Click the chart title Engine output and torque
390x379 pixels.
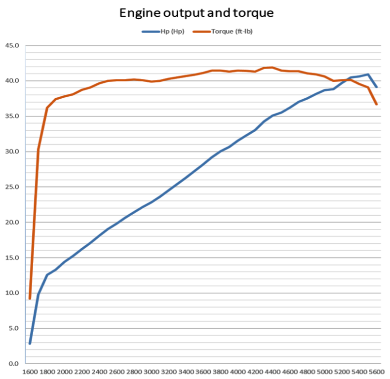196,13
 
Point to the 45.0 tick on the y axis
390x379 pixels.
12,45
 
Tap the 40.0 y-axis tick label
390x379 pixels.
12,81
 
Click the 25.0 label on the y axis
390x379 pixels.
12,187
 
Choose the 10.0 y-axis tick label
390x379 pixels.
12,293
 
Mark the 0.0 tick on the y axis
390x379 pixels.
13,364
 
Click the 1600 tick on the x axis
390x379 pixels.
30,371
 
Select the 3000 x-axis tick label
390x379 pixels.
152,371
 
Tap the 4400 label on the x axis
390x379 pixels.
273,371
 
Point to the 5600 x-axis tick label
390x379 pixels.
376,371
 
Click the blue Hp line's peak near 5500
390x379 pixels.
368,75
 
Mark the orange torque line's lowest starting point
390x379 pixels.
30,298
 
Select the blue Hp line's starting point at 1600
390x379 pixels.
30,343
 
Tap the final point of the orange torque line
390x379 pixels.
377,104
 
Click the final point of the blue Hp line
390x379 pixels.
377,87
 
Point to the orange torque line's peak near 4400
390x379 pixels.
272,68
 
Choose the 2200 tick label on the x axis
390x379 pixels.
82,371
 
